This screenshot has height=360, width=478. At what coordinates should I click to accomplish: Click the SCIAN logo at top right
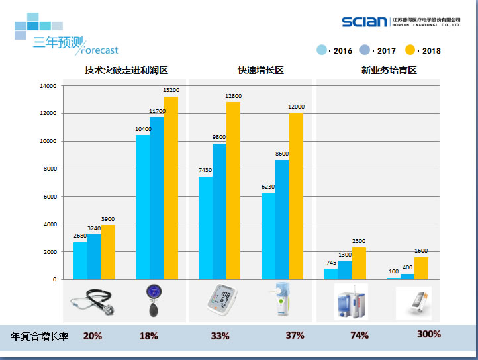364,22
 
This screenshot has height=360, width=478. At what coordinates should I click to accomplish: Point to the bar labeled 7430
205,228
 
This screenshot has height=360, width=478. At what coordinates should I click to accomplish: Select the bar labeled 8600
282,220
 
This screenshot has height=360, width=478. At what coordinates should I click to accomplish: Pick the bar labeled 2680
80,261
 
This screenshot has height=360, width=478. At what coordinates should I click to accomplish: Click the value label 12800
233,96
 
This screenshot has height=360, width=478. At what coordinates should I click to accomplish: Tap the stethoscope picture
93,302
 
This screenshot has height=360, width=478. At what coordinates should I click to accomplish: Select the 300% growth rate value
428,334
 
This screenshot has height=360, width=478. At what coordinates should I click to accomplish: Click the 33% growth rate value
220,336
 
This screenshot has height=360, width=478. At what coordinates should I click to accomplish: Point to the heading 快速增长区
261,70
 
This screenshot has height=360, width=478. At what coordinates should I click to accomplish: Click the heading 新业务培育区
389,70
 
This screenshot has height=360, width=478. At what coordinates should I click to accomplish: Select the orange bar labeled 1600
421,268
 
